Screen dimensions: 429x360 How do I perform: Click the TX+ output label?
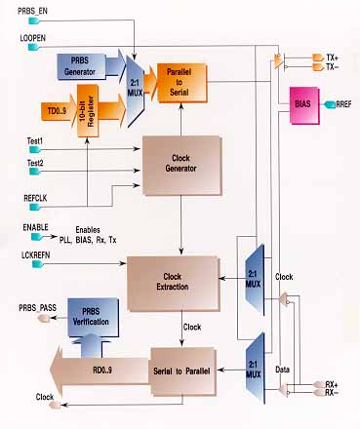coord(334,58)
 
